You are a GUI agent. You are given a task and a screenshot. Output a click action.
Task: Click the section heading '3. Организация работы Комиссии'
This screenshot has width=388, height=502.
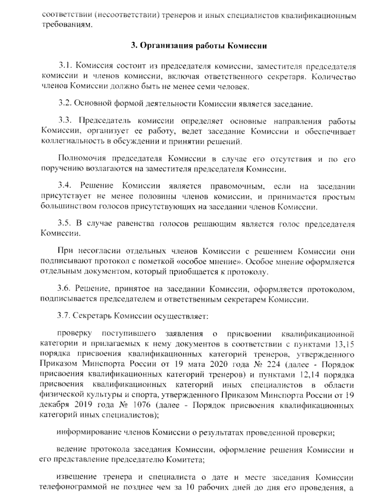coord(199,46)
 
